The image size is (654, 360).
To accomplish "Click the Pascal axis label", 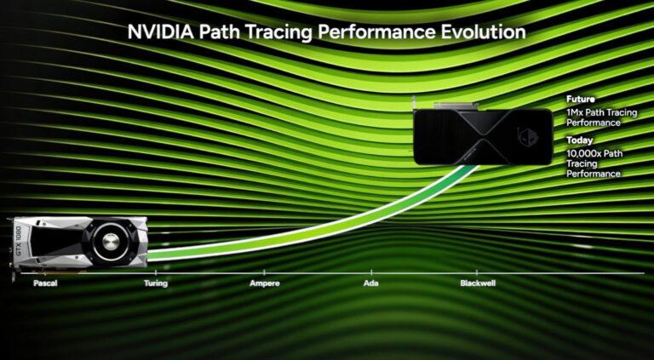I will tap(45, 283).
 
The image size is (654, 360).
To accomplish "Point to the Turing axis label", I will tap(156, 283).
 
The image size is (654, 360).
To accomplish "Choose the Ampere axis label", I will tap(264, 283).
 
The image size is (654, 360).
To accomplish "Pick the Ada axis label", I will tap(370, 283).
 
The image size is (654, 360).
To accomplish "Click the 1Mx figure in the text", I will tap(575, 112).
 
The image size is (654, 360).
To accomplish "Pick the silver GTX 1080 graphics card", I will tap(78, 244).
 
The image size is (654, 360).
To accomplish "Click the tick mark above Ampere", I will tap(264, 273).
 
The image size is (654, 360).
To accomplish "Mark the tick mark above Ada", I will tap(371, 273).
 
